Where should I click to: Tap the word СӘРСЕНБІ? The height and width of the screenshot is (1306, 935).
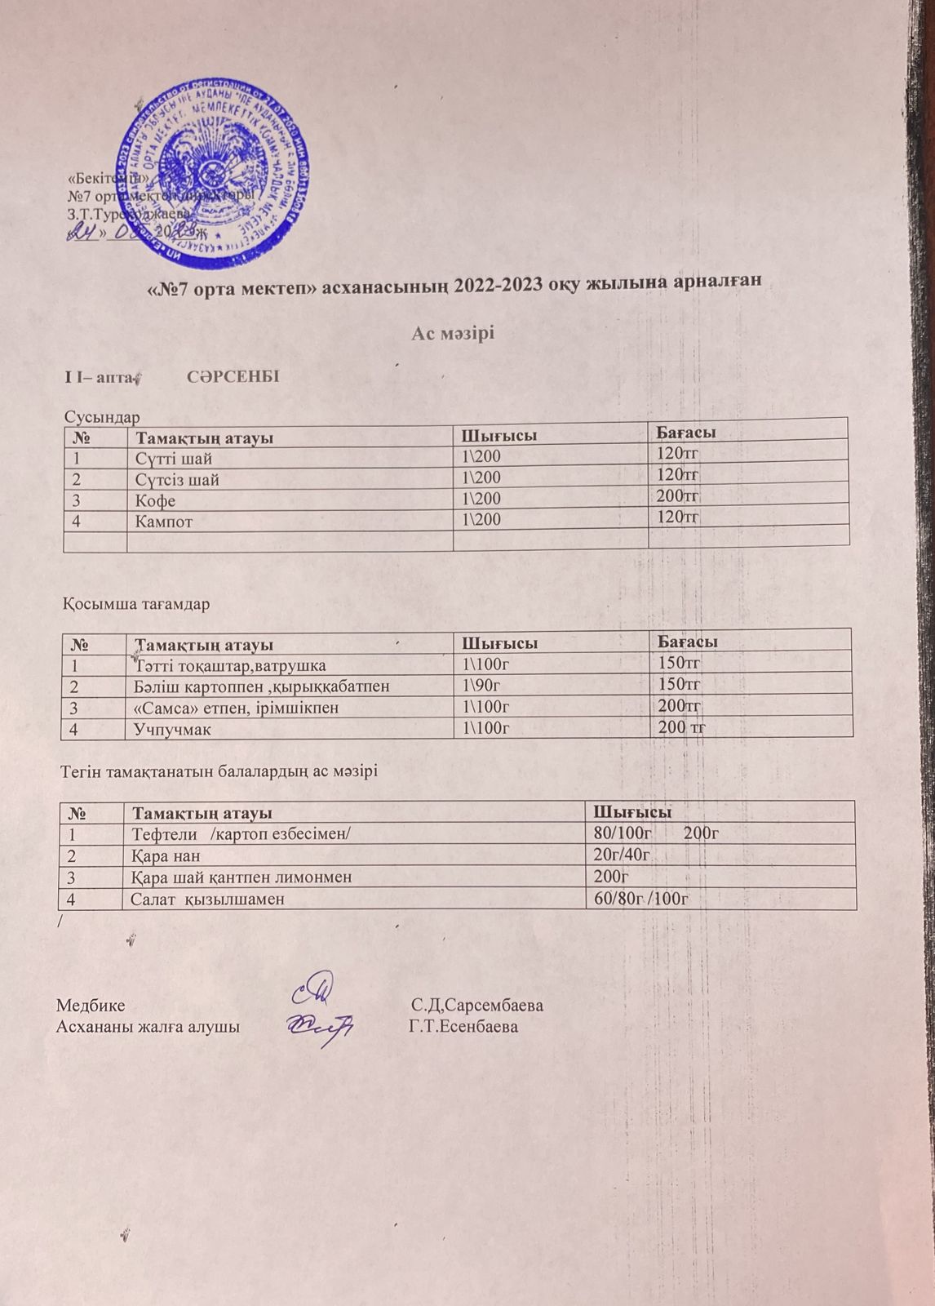(233, 377)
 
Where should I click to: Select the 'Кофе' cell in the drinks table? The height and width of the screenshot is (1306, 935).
(155, 500)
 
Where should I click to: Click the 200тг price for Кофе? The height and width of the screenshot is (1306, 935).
(679, 495)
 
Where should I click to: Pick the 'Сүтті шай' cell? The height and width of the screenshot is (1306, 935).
(173, 459)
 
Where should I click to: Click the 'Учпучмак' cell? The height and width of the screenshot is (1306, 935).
(172, 729)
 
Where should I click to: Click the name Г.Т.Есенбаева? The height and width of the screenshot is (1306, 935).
(463, 1026)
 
